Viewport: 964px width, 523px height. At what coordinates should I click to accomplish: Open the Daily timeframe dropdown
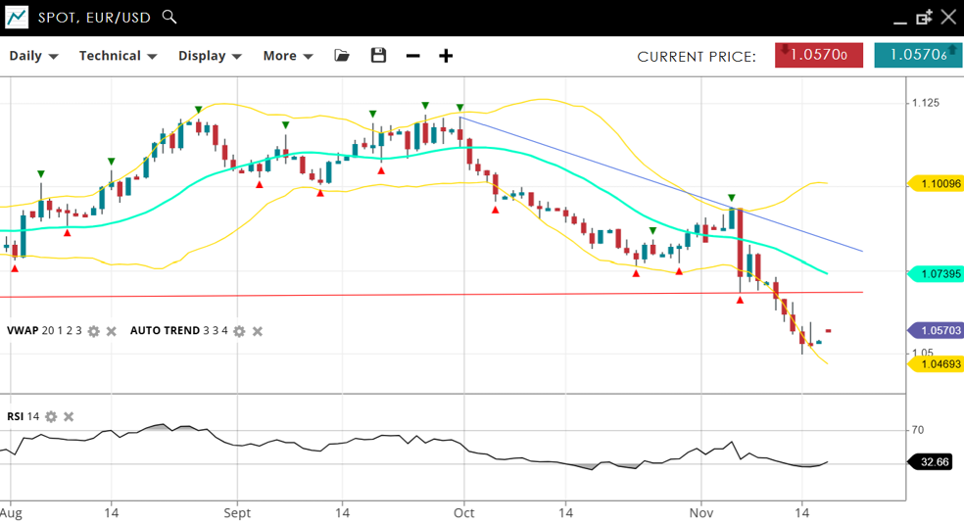pos(33,56)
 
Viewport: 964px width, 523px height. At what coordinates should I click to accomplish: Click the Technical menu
pos(118,56)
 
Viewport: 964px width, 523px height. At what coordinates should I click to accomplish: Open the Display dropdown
pos(210,56)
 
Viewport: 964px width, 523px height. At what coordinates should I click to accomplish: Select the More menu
pos(287,56)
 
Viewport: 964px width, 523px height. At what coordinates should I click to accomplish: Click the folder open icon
pos(342,56)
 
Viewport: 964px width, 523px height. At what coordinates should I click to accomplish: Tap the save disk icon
pos(378,56)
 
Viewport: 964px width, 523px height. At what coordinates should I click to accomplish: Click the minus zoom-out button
pos(412,56)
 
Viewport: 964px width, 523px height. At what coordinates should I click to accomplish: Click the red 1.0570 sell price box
pos(818,56)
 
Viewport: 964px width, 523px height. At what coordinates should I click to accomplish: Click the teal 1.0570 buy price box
pos(918,56)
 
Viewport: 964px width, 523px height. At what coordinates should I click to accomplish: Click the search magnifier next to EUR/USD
pos(169,17)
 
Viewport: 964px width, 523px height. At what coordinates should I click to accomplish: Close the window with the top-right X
pos(947,17)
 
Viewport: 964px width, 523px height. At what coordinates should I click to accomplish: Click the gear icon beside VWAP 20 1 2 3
pos(94,331)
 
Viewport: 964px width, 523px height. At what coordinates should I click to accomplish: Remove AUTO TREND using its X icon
pos(258,331)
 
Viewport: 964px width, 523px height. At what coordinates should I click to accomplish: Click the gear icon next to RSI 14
pos(51,417)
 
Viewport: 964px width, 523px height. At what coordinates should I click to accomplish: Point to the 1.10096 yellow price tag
pos(937,183)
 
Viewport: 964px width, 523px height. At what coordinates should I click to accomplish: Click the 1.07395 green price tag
pos(937,274)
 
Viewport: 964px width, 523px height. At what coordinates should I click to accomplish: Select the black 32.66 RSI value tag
pos(932,461)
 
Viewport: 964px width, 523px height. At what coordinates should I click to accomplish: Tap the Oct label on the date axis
pos(463,512)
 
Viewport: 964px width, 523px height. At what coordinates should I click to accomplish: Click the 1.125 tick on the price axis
pos(926,103)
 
